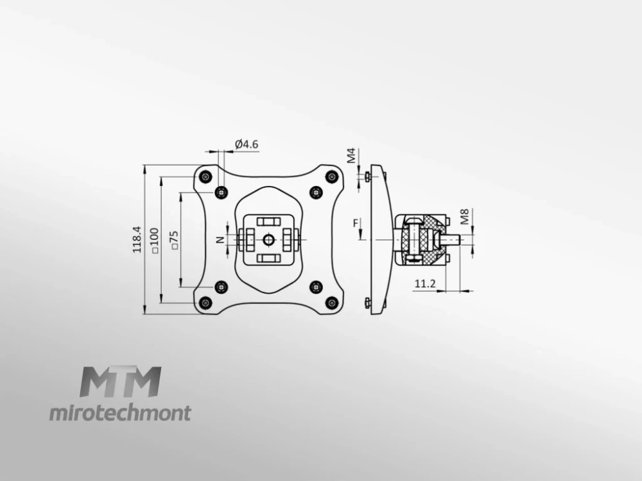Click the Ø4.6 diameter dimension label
pyautogui.click(x=247, y=144)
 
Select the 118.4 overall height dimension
pyautogui.click(x=137, y=239)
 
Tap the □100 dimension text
pyautogui.click(x=154, y=240)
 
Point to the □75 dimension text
pyautogui.click(x=175, y=240)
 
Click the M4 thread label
pyautogui.click(x=352, y=156)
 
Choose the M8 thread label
pyautogui.click(x=465, y=217)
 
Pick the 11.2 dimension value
pyautogui.click(x=425, y=283)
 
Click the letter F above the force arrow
pyautogui.click(x=356, y=223)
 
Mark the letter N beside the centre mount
pyautogui.click(x=221, y=240)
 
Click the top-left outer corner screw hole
pyautogui.click(x=205, y=177)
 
